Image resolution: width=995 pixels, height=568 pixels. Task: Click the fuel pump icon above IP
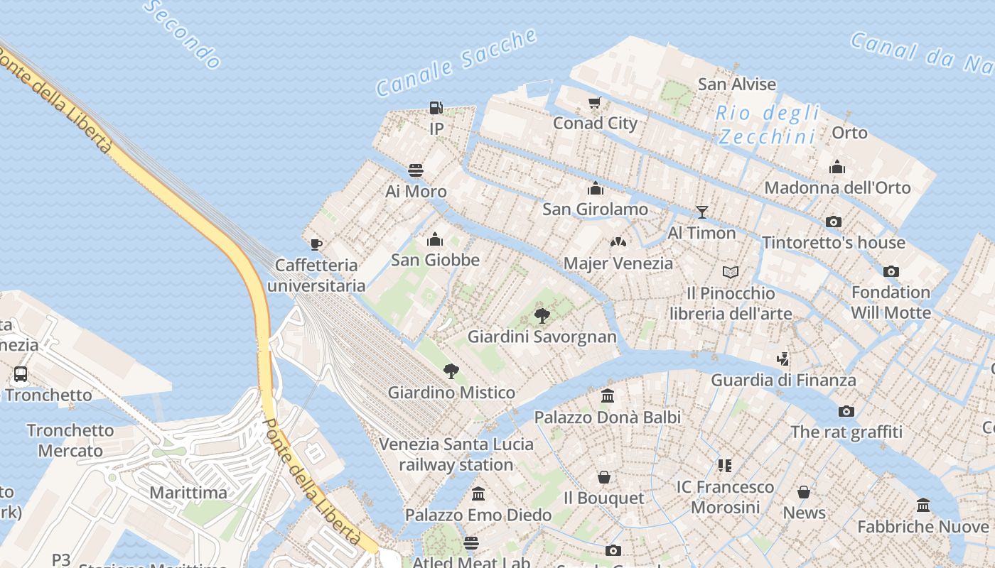436,108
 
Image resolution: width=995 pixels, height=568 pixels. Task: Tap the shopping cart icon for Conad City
595,102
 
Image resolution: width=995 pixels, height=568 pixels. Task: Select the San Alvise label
737,84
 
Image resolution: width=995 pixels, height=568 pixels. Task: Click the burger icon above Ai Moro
416,170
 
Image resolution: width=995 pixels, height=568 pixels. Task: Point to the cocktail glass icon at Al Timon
702,212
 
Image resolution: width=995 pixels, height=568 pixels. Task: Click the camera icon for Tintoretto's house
834,222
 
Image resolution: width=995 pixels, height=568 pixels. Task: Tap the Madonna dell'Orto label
837,187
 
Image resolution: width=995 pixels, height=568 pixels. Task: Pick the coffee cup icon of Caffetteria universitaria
316,244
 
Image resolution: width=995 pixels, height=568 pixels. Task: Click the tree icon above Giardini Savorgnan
542,315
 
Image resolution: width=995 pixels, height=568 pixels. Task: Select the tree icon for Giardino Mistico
451,371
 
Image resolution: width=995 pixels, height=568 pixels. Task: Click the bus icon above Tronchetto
21,373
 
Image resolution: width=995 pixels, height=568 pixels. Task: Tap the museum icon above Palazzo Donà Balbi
608,395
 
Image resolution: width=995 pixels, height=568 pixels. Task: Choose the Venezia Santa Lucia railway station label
456,454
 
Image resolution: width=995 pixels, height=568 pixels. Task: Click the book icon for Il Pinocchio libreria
731,272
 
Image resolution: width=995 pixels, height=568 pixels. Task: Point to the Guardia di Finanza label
783,380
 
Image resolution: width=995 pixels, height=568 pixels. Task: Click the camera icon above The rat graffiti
846,411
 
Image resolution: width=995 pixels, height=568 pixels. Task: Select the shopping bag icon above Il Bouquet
603,476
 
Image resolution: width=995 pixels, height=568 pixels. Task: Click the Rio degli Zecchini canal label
767,124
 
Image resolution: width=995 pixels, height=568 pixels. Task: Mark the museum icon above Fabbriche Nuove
923,505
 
